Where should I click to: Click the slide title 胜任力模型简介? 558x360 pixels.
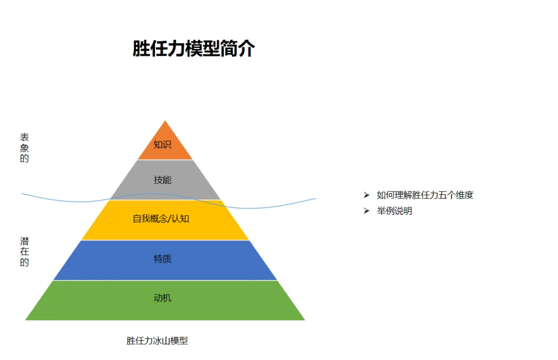tap(194, 49)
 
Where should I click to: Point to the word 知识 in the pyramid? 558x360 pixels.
tap(162, 145)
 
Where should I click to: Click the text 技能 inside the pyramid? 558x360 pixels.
tap(162, 180)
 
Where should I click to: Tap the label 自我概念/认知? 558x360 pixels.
tap(161, 219)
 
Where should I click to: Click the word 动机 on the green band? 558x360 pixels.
tap(162, 298)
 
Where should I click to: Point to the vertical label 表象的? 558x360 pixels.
tap(24, 148)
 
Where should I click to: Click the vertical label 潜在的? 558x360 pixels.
tap(24, 252)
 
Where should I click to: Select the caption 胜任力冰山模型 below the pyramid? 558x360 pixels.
tap(157, 341)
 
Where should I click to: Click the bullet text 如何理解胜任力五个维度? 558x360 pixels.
tap(425, 195)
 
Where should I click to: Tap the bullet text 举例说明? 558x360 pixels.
tap(394, 211)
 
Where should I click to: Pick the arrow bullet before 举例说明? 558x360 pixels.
tap(366, 211)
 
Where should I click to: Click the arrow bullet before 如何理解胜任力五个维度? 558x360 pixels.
tap(366, 195)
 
